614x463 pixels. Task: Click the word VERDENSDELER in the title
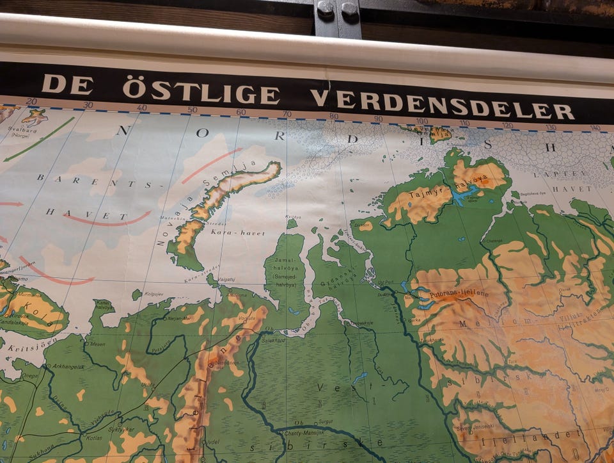coord(443,102)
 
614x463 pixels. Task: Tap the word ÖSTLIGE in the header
coord(200,91)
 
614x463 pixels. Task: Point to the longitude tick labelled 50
coord(192,110)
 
